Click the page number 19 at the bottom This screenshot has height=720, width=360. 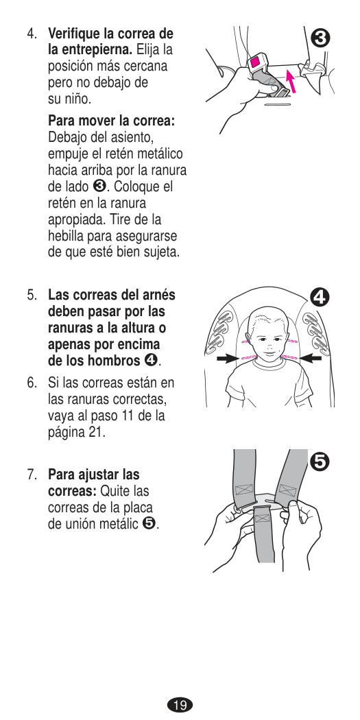pos(180,704)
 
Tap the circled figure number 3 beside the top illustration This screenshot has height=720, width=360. pos(320,38)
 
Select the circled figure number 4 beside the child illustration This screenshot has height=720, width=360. pos(320,297)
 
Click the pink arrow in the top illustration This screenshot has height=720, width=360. pos(291,81)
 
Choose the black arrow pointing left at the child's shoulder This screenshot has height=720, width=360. pos(310,359)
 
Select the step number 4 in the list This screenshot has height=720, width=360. pos(31,34)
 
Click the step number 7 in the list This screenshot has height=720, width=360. pos(31,475)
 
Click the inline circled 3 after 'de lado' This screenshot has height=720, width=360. pos(99,187)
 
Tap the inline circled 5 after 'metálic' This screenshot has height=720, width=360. pos(149,524)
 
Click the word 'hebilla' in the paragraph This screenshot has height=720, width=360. pos(65,236)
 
